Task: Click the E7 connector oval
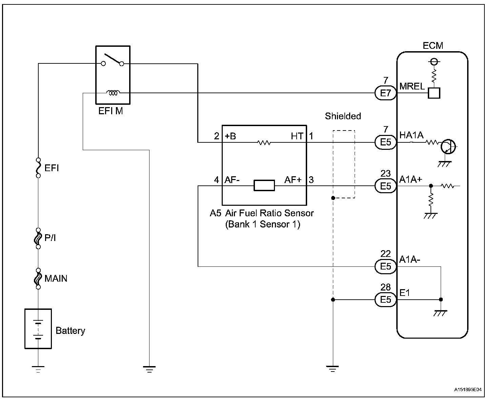[x=386, y=93]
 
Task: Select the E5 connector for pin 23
[x=386, y=186]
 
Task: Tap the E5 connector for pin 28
[x=386, y=300]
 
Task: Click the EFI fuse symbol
[x=38, y=168]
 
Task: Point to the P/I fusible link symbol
[x=38, y=238]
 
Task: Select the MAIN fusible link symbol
[x=38, y=279]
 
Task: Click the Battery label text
[x=70, y=331]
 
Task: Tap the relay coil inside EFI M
[x=113, y=93]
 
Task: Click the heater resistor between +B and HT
[x=264, y=142]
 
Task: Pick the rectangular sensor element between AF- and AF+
[x=264, y=185]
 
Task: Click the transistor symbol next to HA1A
[x=448, y=146]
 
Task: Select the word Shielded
[x=343, y=116]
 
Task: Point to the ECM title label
[x=433, y=46]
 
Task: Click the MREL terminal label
[x=412, y=86]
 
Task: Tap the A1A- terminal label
[x=410, y=259]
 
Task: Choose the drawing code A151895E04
[x=468, y=389]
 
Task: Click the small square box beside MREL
[x=434, y=93]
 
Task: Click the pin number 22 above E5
[x=385, y=254]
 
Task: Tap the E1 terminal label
[x=404, y=293]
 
